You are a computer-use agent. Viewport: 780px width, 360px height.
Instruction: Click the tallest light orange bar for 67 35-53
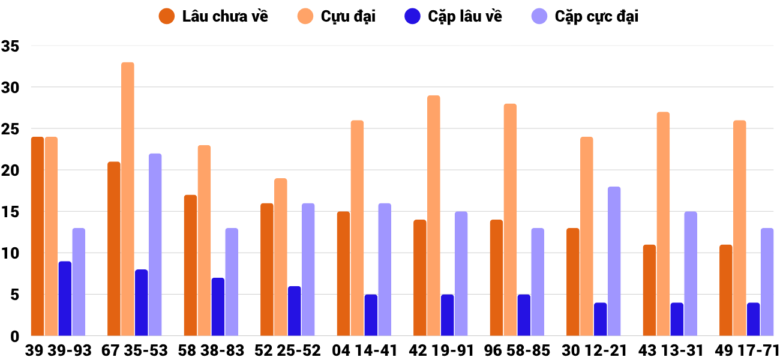(x=127, y=199)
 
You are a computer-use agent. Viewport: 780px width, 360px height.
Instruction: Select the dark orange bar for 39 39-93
(x=37, y=236)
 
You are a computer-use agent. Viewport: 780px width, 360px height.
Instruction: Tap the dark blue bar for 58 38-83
(x=218, y=307)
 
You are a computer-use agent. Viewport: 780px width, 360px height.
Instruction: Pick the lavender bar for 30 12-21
(x=614, y=261)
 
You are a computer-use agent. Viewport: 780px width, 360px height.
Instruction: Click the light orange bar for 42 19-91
(x=434, y=215)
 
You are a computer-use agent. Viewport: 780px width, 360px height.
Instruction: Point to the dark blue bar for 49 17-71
(x=753, y=319)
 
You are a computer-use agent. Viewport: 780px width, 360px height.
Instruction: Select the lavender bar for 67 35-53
(x=155, y=244)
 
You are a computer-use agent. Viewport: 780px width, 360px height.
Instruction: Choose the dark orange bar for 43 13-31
(x=649, y=290)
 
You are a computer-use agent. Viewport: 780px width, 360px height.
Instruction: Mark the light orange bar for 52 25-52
(x=281, y=257)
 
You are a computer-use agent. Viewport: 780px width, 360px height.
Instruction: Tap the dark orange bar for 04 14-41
(x=343, y=274)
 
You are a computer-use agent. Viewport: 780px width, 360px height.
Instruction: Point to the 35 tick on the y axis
(x=11, y=46)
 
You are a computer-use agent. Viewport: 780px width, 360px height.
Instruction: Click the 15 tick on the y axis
(x=11, y=212)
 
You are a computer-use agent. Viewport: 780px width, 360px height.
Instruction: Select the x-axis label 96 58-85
(x=518, y=350)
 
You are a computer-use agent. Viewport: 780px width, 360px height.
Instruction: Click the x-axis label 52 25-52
(x=288, y=350)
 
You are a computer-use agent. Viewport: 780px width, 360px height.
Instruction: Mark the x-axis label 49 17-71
(x=747, y=350)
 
